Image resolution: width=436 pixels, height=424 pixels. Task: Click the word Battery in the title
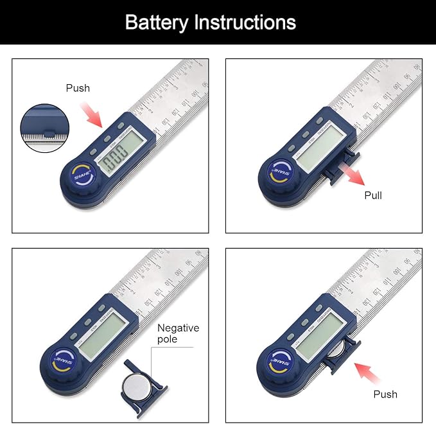click(x=157, y=22)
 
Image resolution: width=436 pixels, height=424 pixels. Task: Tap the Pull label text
click(x=373, y=195)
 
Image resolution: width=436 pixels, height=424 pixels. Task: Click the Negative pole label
click(x=178, y=333)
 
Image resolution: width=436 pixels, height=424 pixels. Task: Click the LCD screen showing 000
click(x=122, y=150)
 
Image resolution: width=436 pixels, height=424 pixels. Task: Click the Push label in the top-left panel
click(x=78, y=88)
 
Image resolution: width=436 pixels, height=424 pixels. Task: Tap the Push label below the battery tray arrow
click(x=385, y=394)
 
